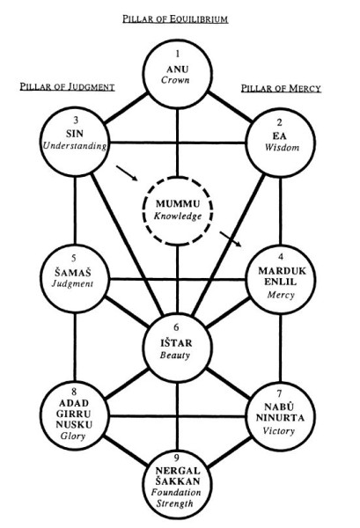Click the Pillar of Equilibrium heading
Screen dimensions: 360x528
point(175,18)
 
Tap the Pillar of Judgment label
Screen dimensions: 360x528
point(68,87)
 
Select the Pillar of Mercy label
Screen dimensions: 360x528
point(281,89)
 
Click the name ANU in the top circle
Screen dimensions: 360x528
point(178,69)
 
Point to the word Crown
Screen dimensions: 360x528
point(175,80)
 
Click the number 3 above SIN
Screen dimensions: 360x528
point(76,121)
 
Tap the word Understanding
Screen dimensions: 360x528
point(75,146)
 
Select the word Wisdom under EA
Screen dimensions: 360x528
point(282,148)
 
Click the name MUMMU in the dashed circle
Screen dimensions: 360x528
point(178,204)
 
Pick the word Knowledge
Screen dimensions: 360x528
point(178,216)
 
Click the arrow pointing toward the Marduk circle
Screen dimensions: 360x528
point(231,239)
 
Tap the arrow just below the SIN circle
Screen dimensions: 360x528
point(127,173)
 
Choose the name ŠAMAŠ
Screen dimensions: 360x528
point(73,272)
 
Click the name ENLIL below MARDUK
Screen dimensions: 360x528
point(280,282)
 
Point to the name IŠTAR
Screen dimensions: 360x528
point(176,343)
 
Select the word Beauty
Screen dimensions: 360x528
point(175,355)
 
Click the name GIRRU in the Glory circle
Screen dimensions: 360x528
point(73,414)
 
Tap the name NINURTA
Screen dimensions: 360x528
point(280,418)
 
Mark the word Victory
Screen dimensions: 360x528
point(278,430)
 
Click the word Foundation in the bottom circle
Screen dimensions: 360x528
point(176,492)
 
